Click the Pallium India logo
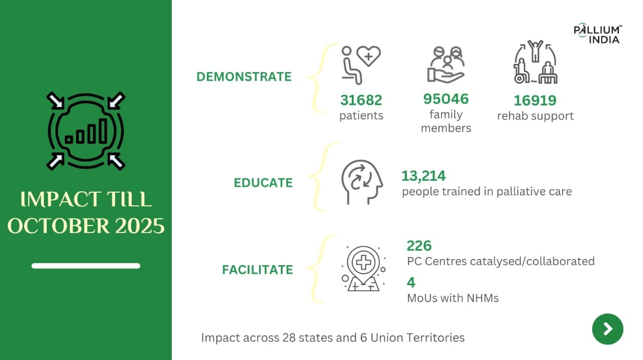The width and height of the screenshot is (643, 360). (598, 33)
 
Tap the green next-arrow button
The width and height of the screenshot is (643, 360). (608, 329)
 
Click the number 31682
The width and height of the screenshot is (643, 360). (361, 100)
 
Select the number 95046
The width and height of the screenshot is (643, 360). (446, 99)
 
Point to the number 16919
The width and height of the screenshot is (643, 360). (535, 100)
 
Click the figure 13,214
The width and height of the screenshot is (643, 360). (423, 176)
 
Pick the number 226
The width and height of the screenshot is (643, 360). (419, 246)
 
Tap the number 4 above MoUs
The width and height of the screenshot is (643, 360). (411, 283)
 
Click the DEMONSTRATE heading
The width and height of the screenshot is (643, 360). (244, 77)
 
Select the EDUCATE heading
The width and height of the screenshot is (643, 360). (263, 183)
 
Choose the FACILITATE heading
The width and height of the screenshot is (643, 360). (258, 270)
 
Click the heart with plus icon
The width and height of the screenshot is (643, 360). (369, 56)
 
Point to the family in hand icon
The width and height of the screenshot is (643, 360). (446, 65)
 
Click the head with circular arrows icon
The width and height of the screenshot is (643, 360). (362, 182)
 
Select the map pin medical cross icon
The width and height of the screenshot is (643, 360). (363, 269)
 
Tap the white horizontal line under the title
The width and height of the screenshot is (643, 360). (86, 266)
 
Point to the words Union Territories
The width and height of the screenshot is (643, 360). (417, 337)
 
